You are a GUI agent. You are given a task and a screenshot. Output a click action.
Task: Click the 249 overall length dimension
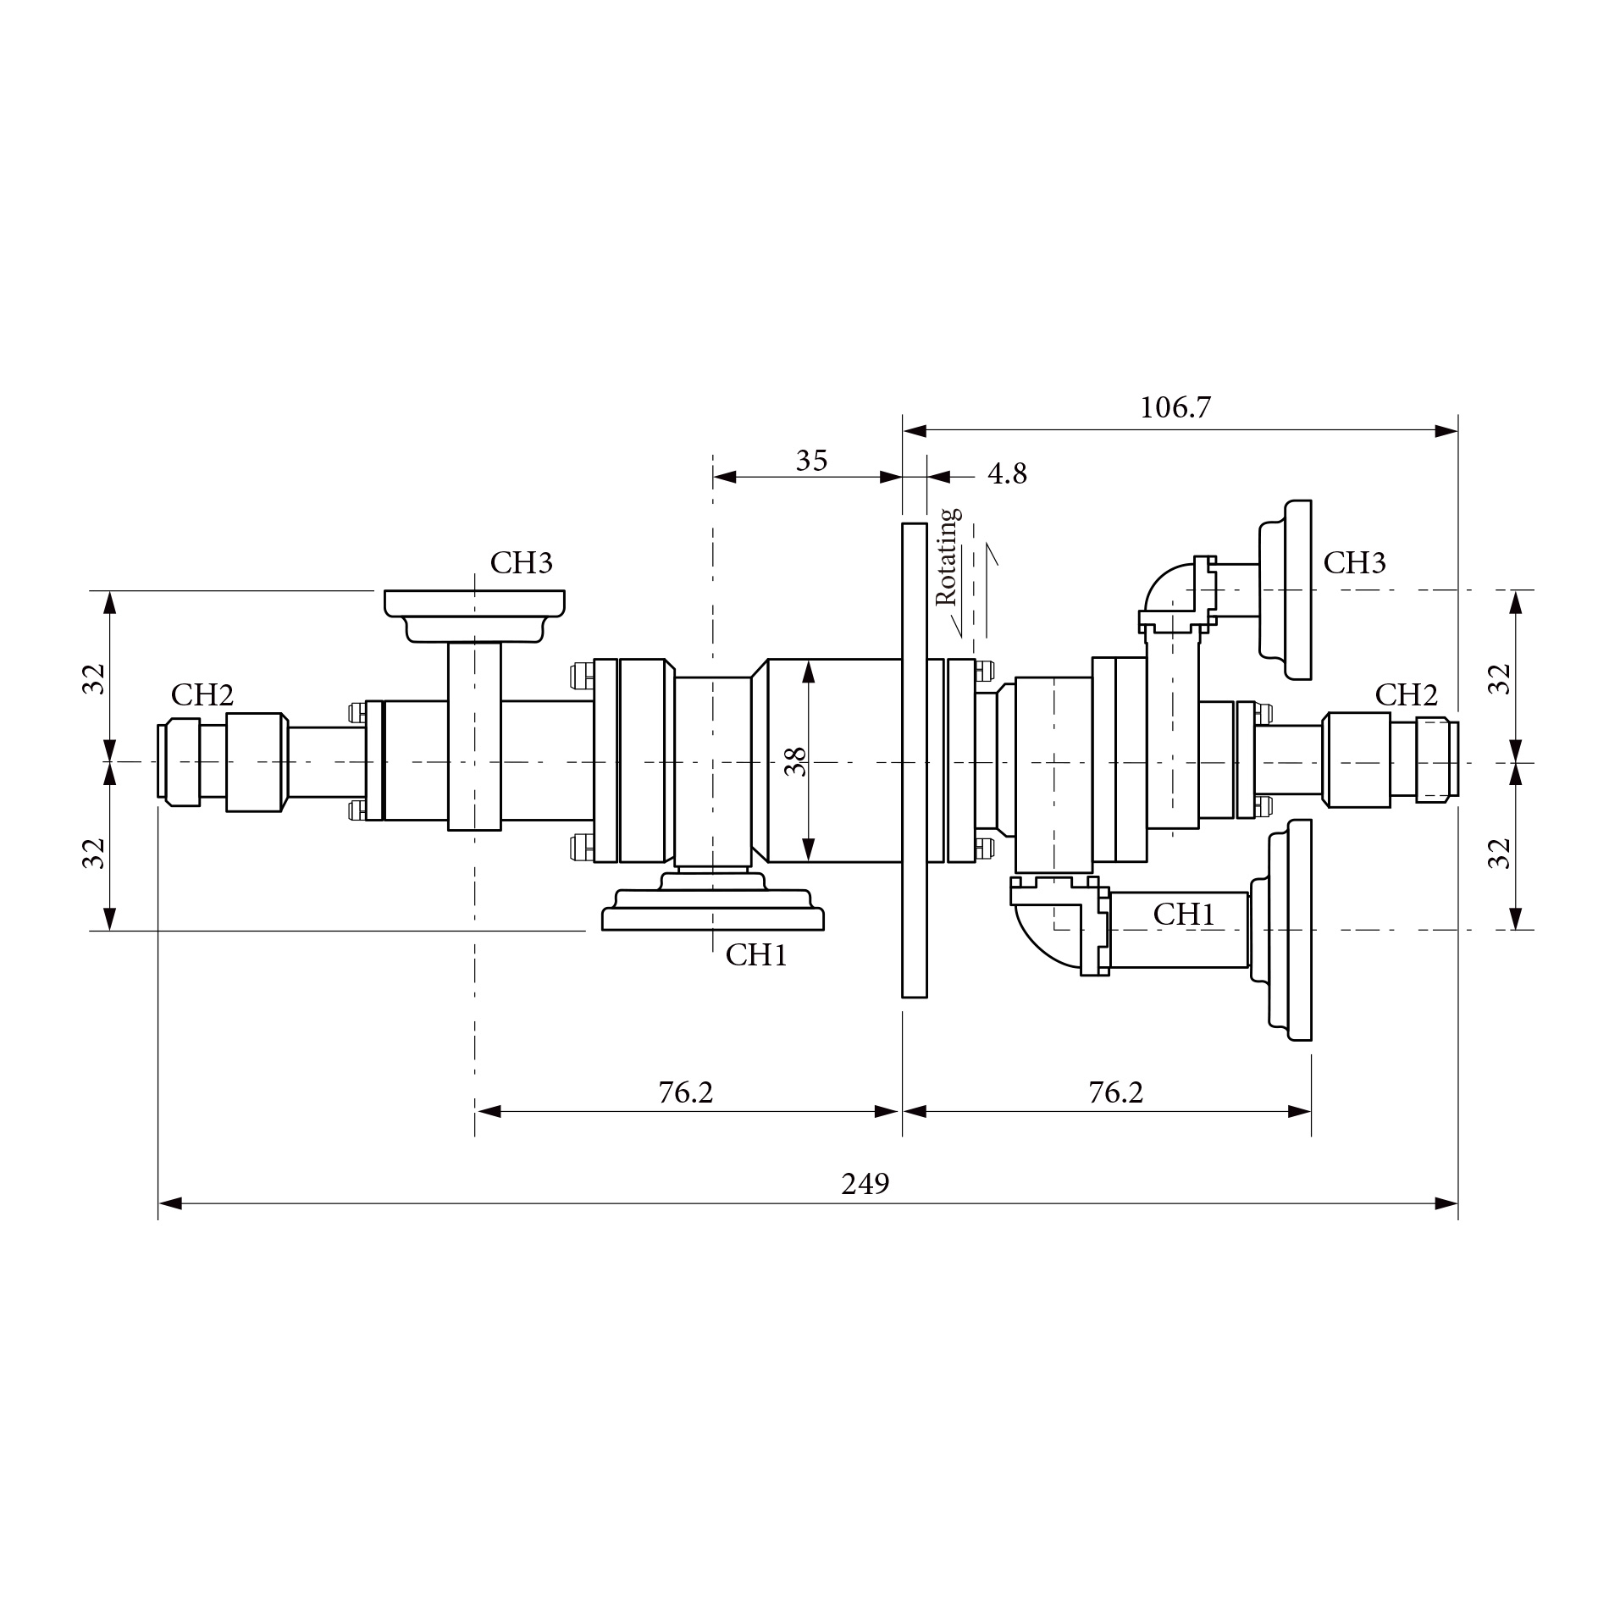click(x=865, y=1184)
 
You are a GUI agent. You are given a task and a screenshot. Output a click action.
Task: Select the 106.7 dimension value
click(x=1175, y=408)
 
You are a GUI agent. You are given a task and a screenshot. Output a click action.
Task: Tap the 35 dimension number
click(x=811, y=462)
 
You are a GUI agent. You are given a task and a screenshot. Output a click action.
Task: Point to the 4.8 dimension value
click(x=1007, y=474)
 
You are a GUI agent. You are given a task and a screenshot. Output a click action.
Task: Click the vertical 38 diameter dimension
click(x=795, y=761)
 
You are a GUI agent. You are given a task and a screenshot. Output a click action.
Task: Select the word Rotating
click(x=948, y=556)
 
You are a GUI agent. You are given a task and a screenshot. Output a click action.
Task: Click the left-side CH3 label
click(x=521, y=563)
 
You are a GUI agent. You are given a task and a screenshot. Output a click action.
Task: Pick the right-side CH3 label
click(x=1354, y=563)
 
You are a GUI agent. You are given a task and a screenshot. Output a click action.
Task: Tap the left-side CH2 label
click(x=202, y=695)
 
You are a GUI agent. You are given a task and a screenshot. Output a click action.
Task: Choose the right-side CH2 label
click(x=1406, y=695)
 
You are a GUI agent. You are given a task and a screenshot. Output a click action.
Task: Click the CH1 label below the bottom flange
click(x=756, y=955)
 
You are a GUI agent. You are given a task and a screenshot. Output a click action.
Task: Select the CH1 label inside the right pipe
click(x=1184, y=915)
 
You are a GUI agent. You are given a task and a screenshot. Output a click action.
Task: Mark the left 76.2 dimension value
click(x=686, y=1093)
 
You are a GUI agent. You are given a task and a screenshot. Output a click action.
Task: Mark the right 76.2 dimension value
click(x=1115, y=1093)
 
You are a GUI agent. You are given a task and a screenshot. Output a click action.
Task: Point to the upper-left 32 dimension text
click(x=95, y=678)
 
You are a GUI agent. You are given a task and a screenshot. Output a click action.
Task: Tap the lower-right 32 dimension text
click(x=1500, y=853)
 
